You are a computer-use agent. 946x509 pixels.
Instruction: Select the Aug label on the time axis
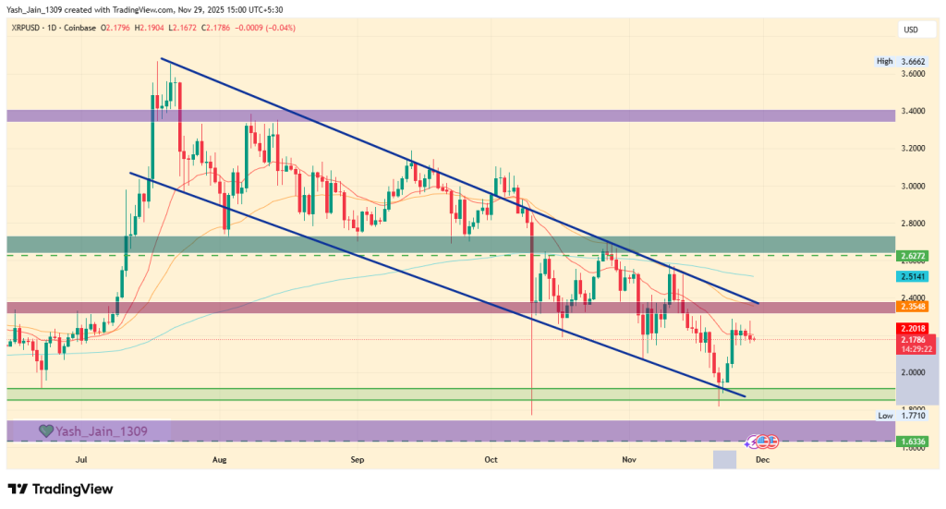[219, 458]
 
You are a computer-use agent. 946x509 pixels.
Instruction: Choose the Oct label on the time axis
[491, 458]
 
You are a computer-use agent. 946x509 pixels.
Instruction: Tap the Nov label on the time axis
[629, 458]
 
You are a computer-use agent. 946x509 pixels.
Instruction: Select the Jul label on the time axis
[81, 458]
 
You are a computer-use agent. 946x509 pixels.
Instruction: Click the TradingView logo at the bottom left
[60, 489]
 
